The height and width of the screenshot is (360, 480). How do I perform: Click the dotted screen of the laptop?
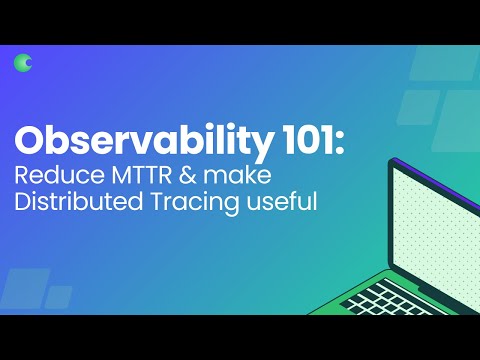point(430,225)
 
